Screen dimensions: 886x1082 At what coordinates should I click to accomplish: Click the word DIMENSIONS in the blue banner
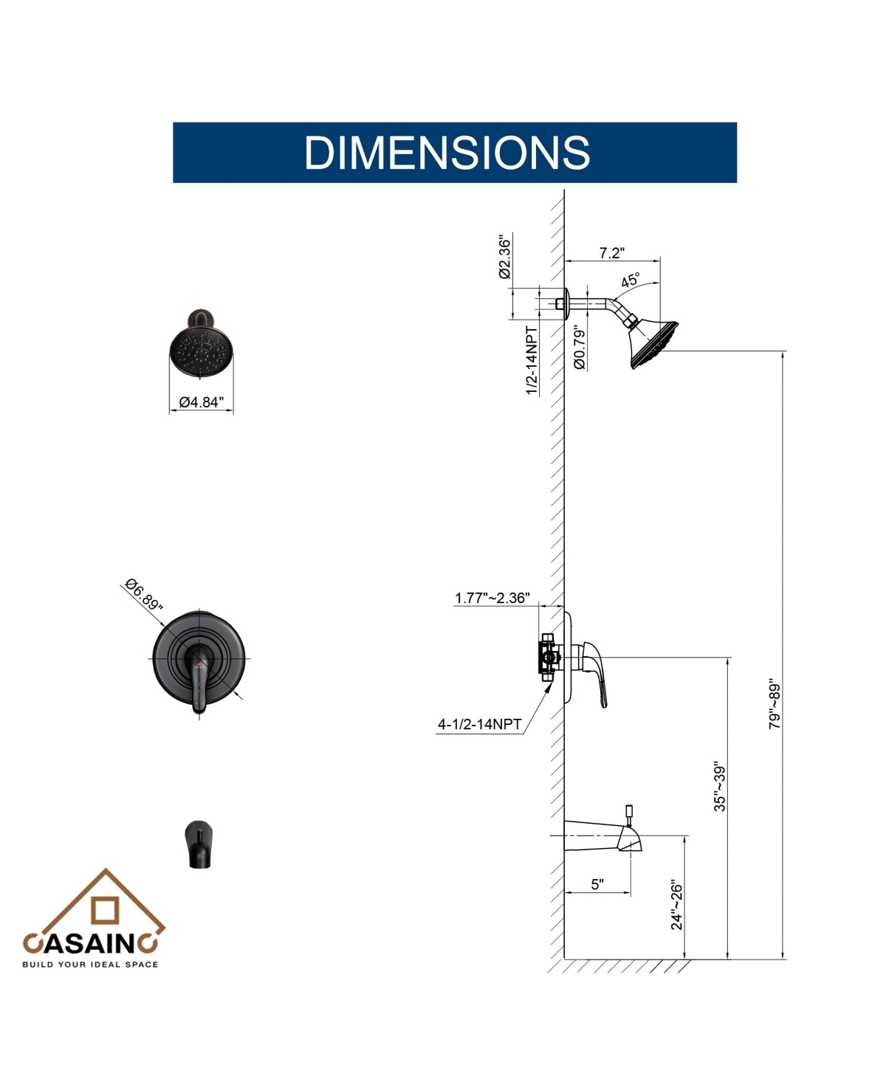pos(447,152)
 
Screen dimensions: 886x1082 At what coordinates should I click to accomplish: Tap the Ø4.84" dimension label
pos(202,402)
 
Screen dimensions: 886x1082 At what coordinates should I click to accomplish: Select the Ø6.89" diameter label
pos(144,595)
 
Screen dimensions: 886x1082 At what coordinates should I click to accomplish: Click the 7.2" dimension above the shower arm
pos(611,253)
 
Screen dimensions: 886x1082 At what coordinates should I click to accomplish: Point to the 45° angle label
pos(631,280)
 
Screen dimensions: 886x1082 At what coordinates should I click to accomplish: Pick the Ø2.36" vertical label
pos(505,257)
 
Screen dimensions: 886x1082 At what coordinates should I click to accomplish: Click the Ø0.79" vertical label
pos(579,348)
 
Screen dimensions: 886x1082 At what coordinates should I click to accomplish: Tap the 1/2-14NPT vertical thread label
pos(532,361)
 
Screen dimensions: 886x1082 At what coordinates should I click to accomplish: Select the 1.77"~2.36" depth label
pos(492,598)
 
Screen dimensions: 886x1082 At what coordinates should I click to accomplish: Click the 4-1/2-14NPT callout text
pos(479,724)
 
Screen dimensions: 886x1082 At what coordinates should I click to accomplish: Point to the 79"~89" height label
pos(774,706)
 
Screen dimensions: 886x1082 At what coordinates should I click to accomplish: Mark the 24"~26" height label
pos(676,906)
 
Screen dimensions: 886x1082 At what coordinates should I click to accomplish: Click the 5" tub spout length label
pos(597,884)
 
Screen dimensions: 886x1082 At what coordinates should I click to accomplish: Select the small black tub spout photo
pos(199,845)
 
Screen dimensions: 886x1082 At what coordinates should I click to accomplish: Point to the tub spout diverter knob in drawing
pos(629,813)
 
